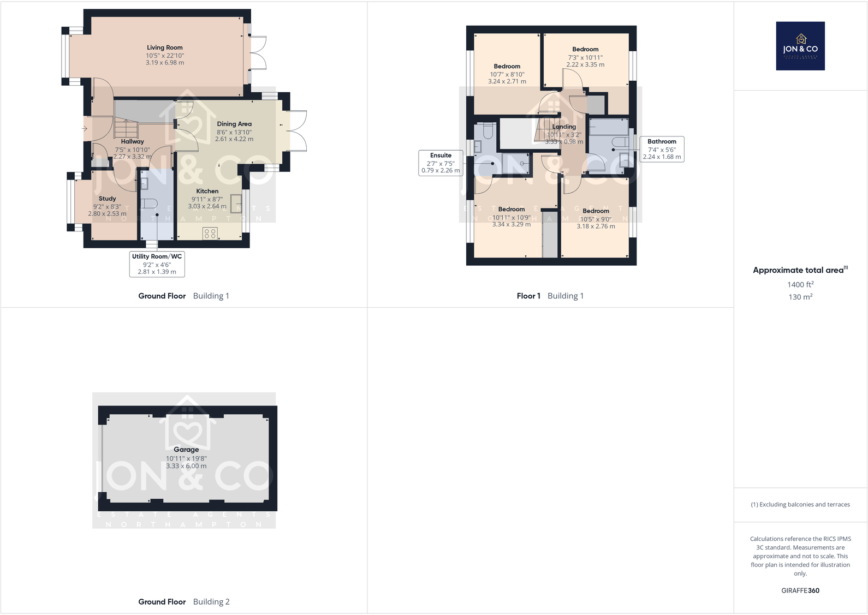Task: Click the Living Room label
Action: point(164,47)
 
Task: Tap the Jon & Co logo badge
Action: point(800,46)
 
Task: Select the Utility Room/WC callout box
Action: point(157,264)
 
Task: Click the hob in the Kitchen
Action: point(210,234)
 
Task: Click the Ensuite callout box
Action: point(441,163)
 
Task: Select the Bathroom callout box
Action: point(662,149)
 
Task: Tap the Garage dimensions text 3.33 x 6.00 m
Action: point(186,466)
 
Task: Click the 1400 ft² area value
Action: point(800,284)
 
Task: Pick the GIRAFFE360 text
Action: point(800,590)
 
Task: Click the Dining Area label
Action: point(234,124)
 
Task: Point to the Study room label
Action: point(108,199)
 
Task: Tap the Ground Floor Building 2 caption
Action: point(183,601)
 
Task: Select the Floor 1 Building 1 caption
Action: point(550,296)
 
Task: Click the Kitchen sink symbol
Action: point(236,203)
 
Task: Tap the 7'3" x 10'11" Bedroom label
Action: point(585,50)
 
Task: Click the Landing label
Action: point(564,127)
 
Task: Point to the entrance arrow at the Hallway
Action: point(84,129)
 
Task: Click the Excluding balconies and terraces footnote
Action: point(800,504)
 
